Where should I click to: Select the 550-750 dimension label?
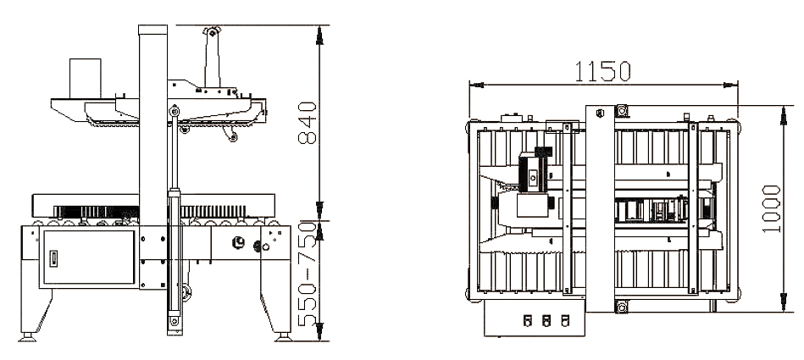pos(308,274)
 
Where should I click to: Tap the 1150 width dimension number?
pos(602,71)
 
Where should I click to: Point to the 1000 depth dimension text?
pos(771,209)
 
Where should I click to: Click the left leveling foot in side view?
pos(28,336)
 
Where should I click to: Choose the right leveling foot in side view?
pos(281,336)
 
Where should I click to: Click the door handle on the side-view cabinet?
pos(53,258)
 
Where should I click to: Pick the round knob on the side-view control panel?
pos(237,241)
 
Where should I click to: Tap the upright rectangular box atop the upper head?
pos(85,78)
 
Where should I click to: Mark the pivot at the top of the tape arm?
pos(211,32)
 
